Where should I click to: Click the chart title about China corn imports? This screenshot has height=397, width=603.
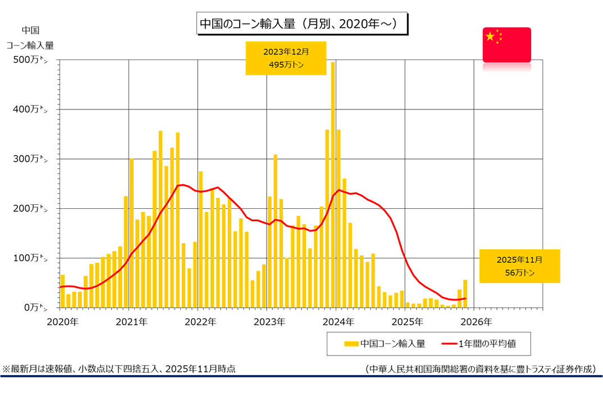302,24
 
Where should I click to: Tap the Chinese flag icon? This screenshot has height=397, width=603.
506,44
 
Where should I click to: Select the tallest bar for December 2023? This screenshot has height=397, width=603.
333,185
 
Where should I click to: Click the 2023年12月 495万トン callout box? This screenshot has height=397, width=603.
286,58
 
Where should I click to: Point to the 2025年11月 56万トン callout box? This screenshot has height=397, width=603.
519,266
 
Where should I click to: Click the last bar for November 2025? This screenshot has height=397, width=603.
465,294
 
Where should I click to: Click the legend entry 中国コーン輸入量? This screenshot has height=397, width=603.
385,343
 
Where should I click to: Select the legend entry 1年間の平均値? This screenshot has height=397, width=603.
483,343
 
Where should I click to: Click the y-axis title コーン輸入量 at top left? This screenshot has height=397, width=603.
30,45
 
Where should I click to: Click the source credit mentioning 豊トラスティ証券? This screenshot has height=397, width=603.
480,369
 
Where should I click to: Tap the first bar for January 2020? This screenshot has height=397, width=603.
63,291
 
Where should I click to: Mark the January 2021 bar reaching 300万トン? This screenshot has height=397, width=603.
131,233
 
